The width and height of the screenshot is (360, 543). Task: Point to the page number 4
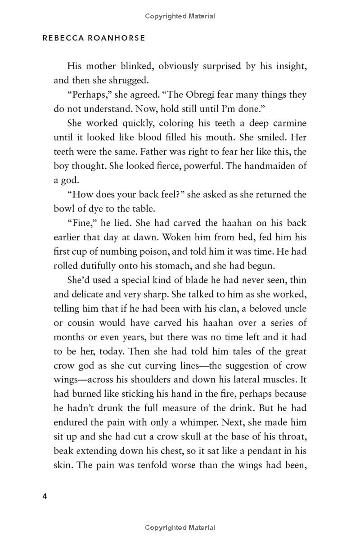[45, 497]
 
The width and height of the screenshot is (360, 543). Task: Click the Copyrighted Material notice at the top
[180, 16]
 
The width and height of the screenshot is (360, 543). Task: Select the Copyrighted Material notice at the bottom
[180, 528]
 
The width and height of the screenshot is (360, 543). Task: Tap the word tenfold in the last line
[153, 465]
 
